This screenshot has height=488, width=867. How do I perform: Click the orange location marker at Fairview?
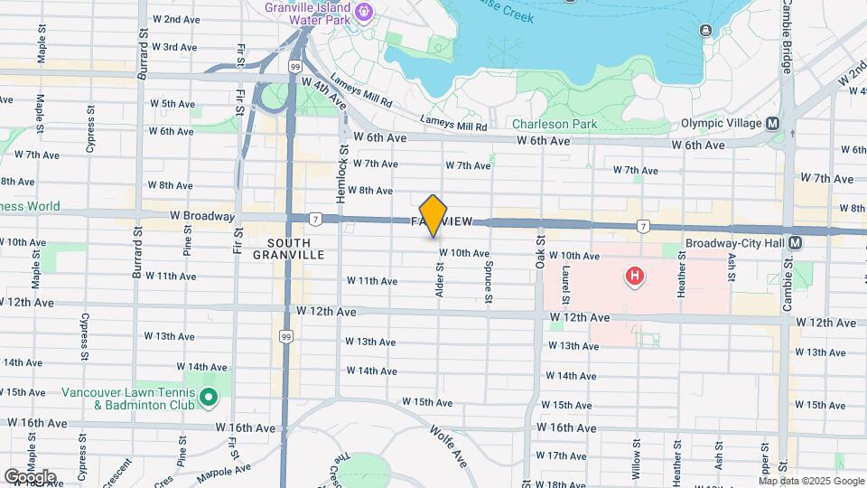tap(433, 215)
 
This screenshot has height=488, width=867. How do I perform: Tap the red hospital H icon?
tap(634, 276)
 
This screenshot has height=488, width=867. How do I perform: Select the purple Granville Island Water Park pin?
tap(364, 12)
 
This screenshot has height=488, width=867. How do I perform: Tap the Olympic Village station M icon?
tap(772, 124)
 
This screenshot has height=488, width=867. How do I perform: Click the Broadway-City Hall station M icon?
tap(795, 242)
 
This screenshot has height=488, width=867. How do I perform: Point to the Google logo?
tap(30, 476)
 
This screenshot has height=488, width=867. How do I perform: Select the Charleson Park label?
tap(555, 124)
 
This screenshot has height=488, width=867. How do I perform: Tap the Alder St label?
tap(440, 280)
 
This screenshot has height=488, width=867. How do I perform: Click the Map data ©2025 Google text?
tap(811, 480)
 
